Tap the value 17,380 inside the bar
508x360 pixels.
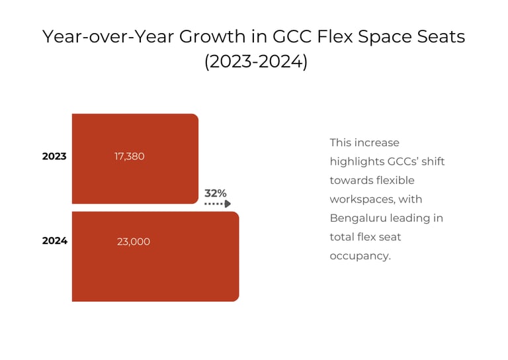[129, 157]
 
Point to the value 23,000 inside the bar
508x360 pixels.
[134, 242]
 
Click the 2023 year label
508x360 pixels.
[54, 157]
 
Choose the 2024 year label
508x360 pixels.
[55, 241]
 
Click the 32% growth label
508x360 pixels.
[215, 193]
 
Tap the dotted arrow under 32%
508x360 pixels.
[218, 204]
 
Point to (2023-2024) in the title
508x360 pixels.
[255, 63]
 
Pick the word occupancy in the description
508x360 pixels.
[360, 255]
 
